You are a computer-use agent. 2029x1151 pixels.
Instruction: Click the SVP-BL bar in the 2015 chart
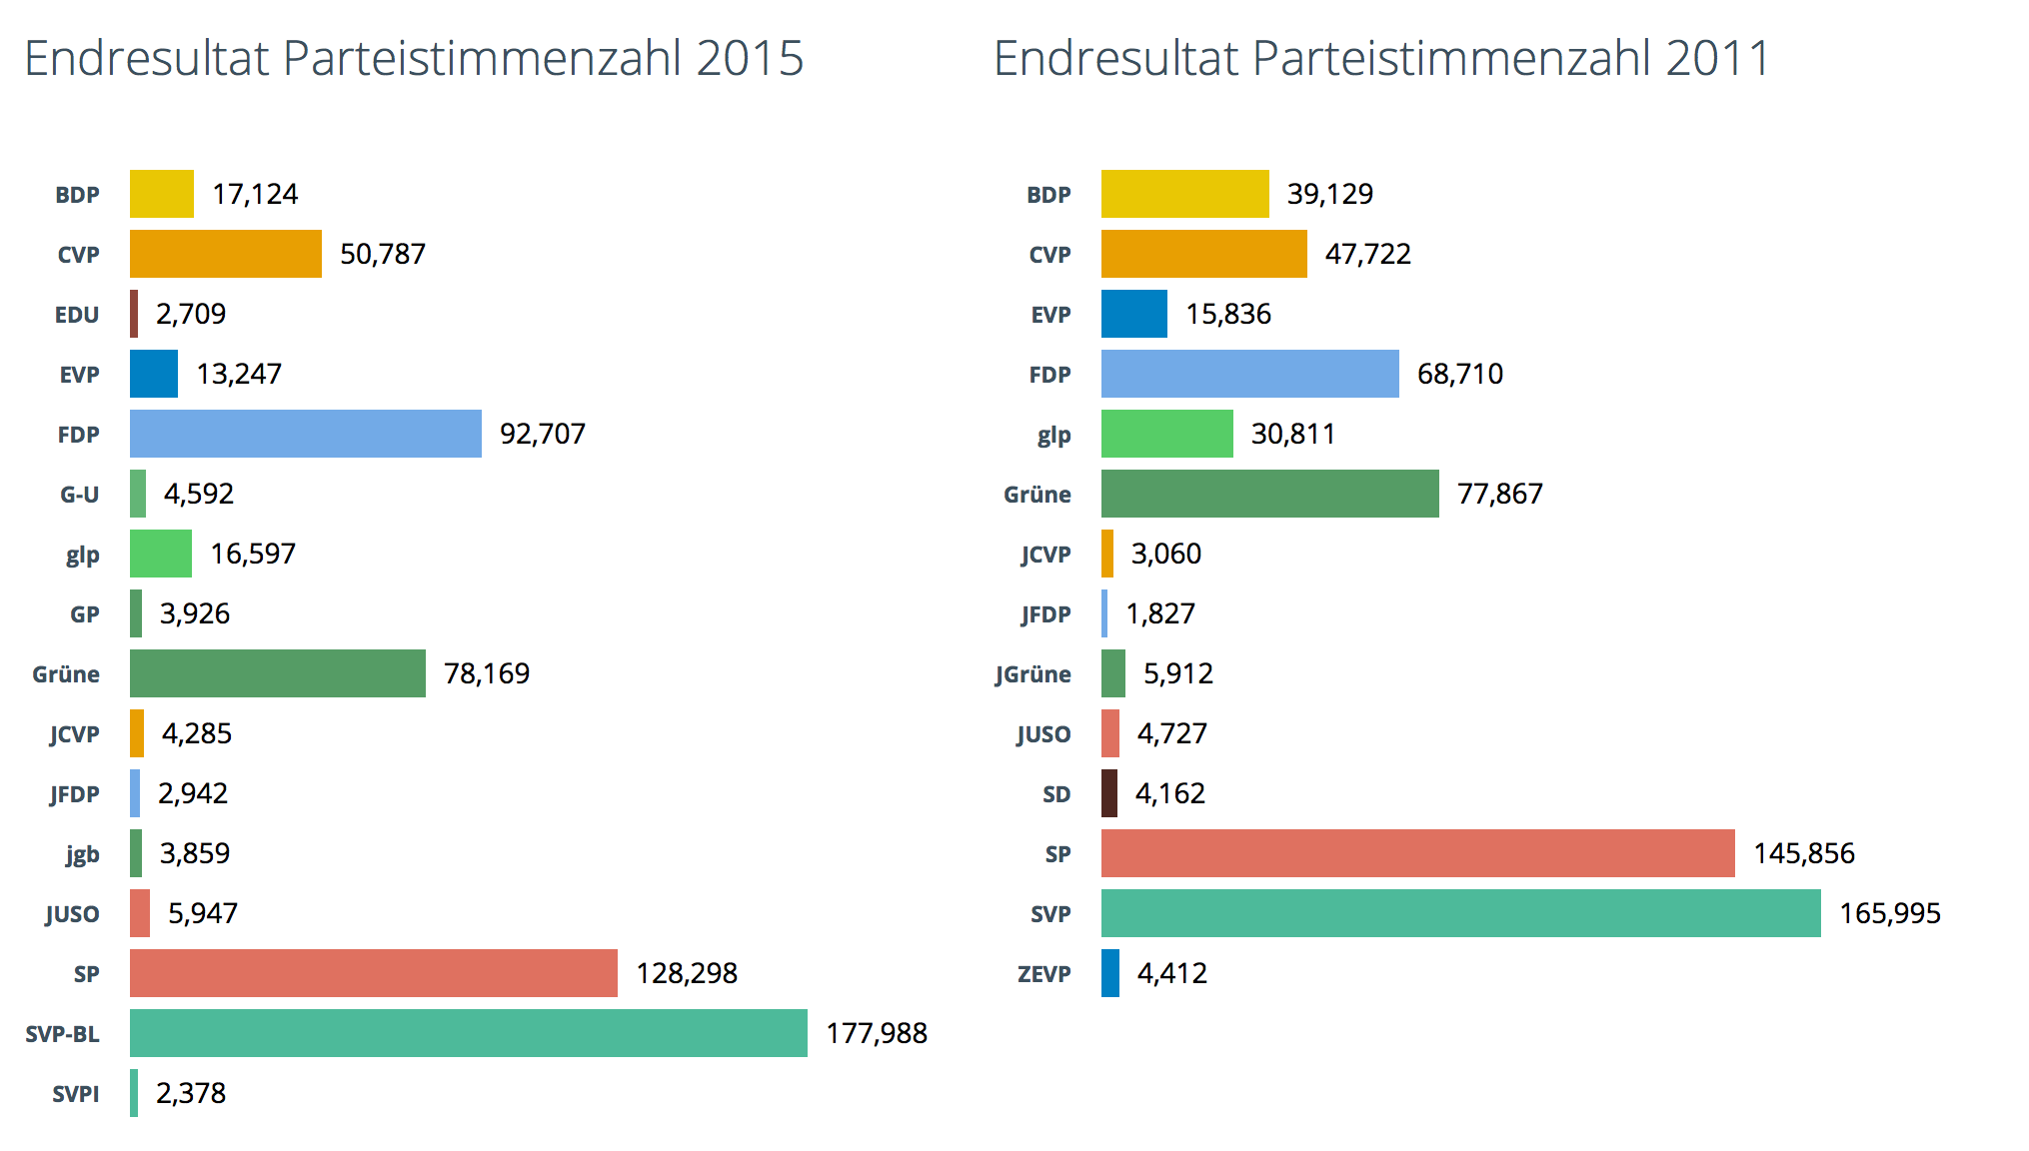tap(468, 1033)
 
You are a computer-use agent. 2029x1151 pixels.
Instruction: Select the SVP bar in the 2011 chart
tap(1460, 913)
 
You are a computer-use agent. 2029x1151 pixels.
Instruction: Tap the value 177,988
tap(877, 1033)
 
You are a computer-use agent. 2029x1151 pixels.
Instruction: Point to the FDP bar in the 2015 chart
tap(305, 434)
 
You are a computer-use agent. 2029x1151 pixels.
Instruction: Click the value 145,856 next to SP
tap(1803, 853)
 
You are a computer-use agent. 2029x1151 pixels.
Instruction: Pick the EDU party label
tap(77, 315)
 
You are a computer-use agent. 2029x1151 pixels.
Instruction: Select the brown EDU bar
tap(134, 314)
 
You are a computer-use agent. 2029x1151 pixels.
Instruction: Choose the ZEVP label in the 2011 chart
tap(1043, 974)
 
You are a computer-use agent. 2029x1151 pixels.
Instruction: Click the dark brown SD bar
tap(1109, 793)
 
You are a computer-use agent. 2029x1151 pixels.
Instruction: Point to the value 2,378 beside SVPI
tap(191, 1093)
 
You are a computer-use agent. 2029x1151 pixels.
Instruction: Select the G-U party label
tap(79, 495)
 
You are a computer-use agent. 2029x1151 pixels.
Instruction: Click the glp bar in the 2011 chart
tap(1166, 434)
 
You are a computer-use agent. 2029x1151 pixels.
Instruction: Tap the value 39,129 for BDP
tap(1329, 194)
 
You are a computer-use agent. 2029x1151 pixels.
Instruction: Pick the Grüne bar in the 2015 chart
tap(277, 673)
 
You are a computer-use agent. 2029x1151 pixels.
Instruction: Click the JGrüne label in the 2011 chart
tap(1032, 674)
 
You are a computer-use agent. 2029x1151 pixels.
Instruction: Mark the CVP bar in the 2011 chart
tap(1203, 254)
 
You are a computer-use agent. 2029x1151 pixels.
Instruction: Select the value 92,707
tap(542, 434)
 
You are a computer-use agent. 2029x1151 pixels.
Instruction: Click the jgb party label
tap(82, 854)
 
